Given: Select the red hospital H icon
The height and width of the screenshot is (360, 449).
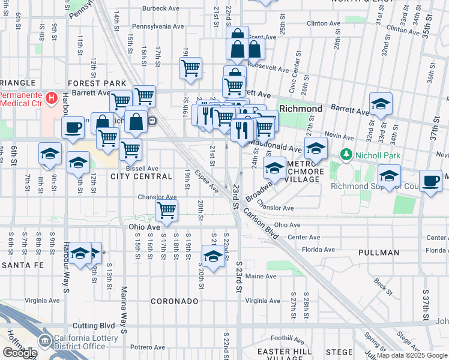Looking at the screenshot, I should click(x=52, y=97).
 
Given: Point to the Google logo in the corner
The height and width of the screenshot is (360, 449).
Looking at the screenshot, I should click(x=20, y=352).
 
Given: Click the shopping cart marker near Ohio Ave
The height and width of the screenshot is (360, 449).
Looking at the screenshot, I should click(x=166, y=210).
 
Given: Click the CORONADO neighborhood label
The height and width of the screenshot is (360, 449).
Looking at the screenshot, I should click(x=174, y=301).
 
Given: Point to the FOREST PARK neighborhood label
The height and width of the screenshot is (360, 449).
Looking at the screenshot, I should click(x=97, y=83).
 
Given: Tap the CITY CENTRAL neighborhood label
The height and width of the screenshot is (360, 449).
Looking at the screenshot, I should click(x=142, y=176).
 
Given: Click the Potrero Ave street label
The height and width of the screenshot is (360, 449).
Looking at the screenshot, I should click(x=148, y=347).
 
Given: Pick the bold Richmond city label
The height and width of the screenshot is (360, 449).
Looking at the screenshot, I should click(x=301, y=109).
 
